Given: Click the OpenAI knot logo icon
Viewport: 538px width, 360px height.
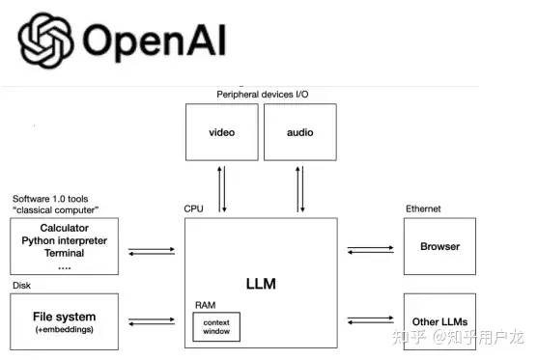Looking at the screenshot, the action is coord(45,41).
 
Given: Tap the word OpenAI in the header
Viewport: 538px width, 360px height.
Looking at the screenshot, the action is coord(154,41).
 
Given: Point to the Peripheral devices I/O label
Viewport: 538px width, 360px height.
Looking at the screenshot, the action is coord(263,95).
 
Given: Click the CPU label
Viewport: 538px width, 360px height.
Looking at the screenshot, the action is coord(193,208).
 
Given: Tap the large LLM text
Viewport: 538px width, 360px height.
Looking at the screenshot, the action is coord(261,284).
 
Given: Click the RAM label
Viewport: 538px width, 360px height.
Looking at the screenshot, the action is coord(205,305).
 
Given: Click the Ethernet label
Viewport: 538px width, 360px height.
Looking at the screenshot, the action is coord(423,208).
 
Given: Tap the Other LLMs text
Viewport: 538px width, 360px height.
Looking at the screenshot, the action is coord(439,322).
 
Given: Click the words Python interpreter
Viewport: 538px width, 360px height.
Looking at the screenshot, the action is coord(64,241).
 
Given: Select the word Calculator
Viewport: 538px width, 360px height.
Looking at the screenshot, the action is coord(64,228).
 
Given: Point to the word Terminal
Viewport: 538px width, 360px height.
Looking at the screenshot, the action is coord(64,253).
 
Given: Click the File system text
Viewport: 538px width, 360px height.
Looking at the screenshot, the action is coord(64,317).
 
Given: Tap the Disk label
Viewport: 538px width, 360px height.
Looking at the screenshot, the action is coord(21,286).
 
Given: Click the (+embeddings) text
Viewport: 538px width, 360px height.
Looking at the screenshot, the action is coord(64,329).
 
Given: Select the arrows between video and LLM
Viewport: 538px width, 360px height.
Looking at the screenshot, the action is coord(222,189).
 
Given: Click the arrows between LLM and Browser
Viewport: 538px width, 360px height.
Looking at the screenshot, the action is coord(371,250).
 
